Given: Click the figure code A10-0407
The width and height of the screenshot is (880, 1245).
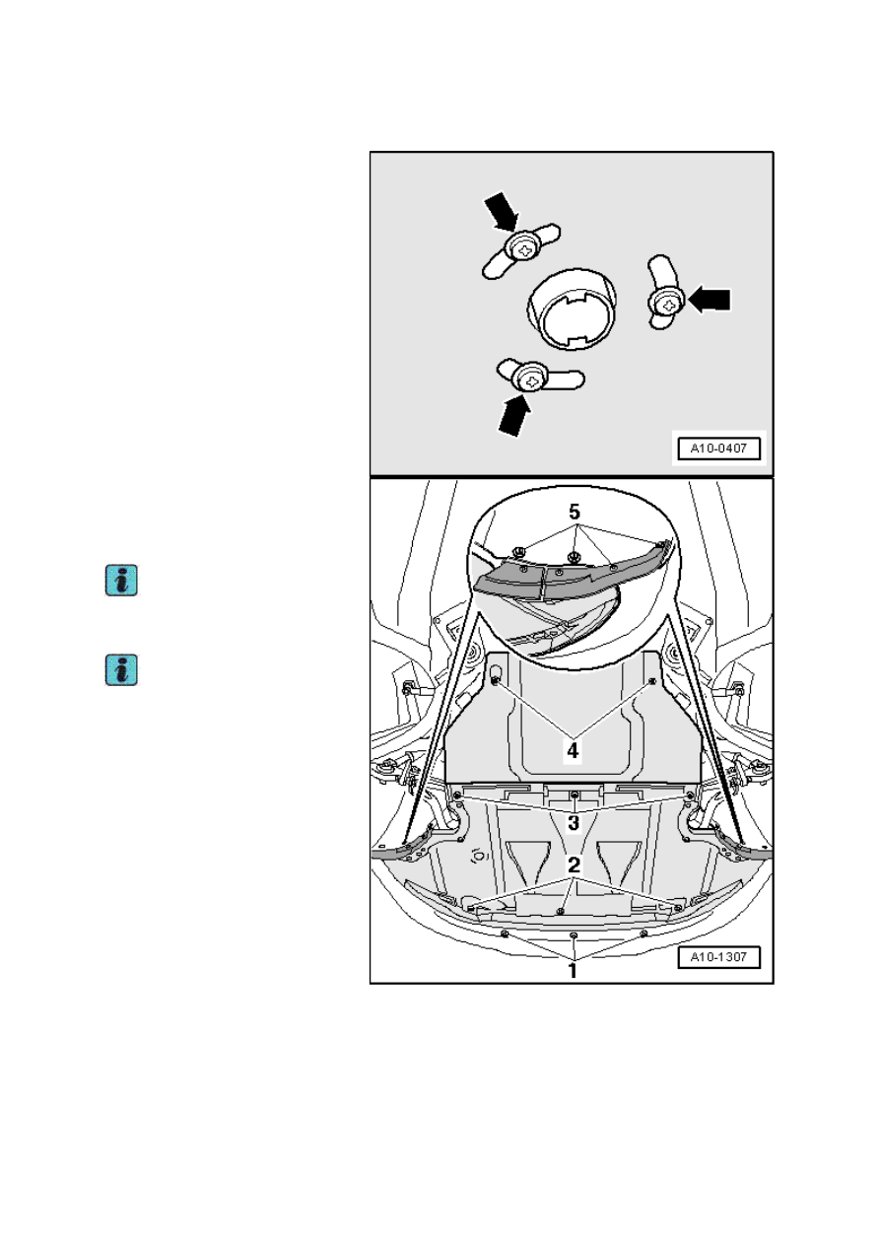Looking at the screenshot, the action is coord(718,448).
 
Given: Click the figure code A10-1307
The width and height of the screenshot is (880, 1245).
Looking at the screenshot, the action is coord(718,957).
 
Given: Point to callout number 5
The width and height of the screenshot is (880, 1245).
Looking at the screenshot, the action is coord(574,512).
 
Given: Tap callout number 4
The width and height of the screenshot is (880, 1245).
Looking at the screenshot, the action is coord(573,750).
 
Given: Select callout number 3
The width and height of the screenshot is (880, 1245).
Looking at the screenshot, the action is coord(574,823).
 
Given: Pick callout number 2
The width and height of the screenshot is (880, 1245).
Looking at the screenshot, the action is coord(574,865).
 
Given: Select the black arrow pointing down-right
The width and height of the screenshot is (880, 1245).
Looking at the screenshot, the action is coord(502,212).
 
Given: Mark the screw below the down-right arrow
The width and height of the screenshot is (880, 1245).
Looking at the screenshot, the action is coord(524,250).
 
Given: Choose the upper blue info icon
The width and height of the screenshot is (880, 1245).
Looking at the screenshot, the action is coord(121,581).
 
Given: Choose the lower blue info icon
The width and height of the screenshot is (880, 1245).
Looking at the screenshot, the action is coord(121,669).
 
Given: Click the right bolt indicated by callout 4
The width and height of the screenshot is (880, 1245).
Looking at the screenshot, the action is coord(652,680).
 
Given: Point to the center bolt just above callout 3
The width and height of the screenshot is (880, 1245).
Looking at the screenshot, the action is coord(575,795).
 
